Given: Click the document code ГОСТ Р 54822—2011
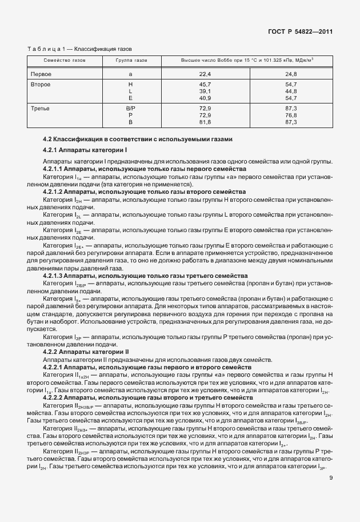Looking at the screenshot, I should (x=301, y=33).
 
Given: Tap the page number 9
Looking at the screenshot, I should (x=331, y=487).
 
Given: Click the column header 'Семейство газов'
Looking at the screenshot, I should (x=65, y=59).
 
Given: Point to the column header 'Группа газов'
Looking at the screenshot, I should (x=131, y=59).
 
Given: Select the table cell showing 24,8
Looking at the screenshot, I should (x=291, y=74).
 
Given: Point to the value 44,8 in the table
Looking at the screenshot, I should (x=291, y=91).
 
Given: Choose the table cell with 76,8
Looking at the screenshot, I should (x=291, y=115).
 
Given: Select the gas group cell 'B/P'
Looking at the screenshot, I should (x=131, y=109).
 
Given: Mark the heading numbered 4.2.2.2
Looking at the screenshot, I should (x=147, y=396).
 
